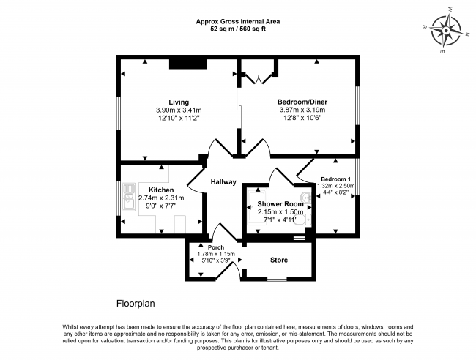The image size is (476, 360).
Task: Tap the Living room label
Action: [x=179, y=102]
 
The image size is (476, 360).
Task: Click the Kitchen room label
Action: [x=161, y=190]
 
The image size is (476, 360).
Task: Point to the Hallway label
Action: [x=223, y=182]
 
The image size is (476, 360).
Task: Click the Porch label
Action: [x=215, y=247]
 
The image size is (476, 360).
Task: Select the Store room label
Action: [x=279, y=260]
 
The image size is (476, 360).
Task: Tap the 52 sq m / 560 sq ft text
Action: [x=238, y=30]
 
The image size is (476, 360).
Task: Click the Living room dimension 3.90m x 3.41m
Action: [x=179, y=110]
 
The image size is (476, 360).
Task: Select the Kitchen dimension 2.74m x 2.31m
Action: [x=161, y=198]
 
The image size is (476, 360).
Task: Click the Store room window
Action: [x=276, y=279]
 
